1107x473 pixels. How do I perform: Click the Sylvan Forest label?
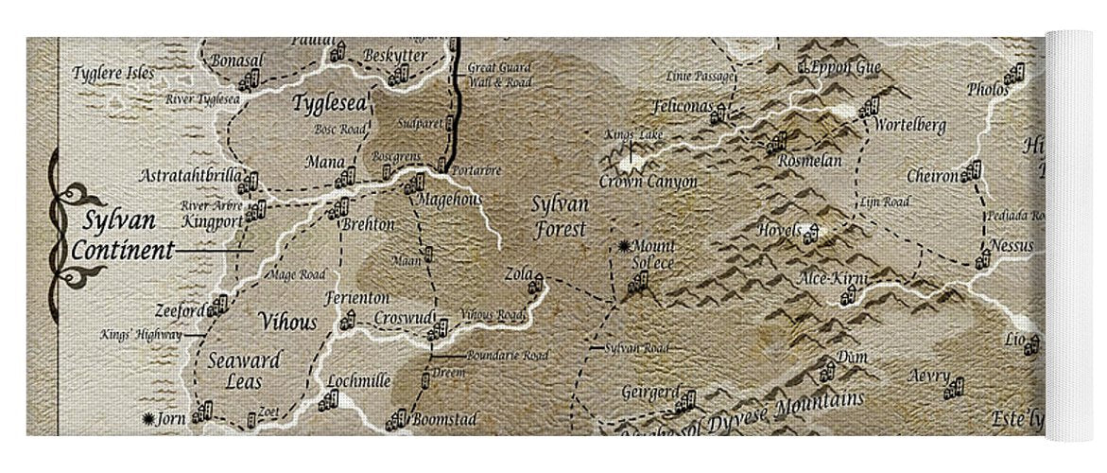(559, 217)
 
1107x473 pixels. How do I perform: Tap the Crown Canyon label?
(649, 182)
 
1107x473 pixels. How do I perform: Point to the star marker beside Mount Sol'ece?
(624, 247)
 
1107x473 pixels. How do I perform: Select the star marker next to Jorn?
(147, 418)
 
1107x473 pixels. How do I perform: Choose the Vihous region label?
(287, 322)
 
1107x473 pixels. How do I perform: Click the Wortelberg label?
(909, 125)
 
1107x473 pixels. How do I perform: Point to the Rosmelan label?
(808, 161)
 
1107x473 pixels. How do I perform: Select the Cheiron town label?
(932, 176)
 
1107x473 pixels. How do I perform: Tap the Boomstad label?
(443, 418)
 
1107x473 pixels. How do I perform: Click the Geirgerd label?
(650, 392)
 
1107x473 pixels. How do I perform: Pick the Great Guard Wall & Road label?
(500, 75)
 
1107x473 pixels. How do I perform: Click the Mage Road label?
(299, 274)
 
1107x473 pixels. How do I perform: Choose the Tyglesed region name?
(329, 103)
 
